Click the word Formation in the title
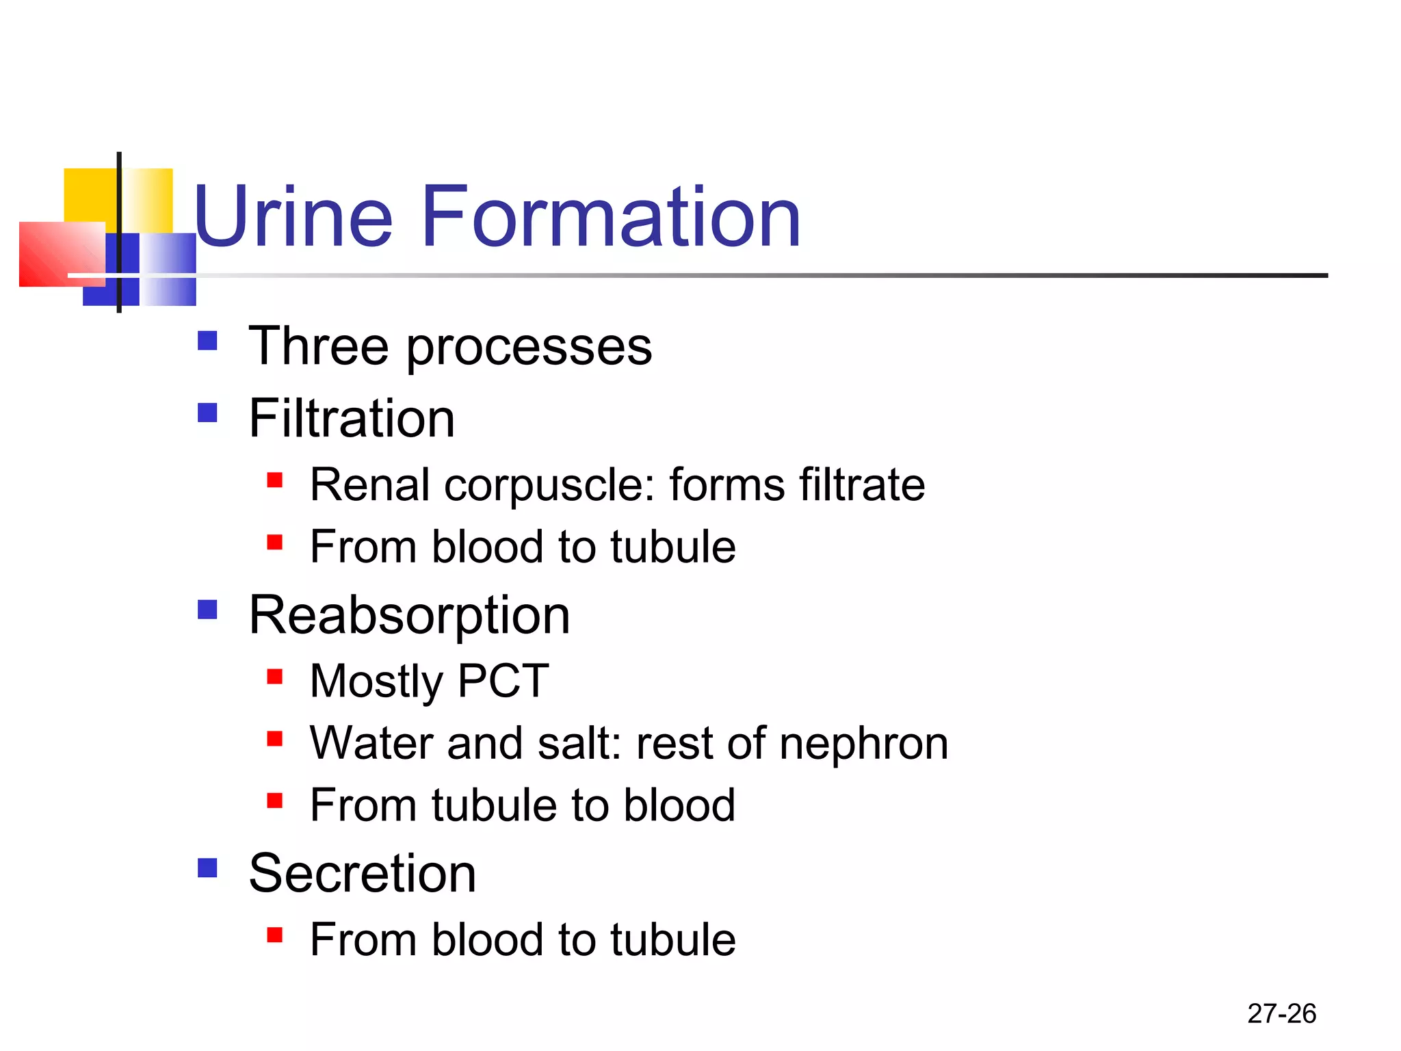coord(611,218)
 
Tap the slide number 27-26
coord(1281,1013)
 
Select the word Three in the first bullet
coord(319,346)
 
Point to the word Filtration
coord(352,418)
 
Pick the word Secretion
coord(362,874)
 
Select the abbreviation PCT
coord(503,681)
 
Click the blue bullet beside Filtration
coord(207,413)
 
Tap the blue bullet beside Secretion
coord(207,868)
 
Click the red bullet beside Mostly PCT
coord(275,677)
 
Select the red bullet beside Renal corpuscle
coord(275,480)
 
